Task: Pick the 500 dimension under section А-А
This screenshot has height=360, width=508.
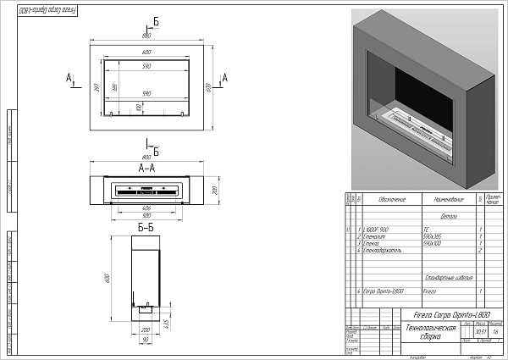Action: click(x=146, y=213)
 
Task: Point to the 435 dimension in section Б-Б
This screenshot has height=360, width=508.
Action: click(x=167, y=323)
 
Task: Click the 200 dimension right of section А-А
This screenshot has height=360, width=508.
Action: click(x=214, y=191)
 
